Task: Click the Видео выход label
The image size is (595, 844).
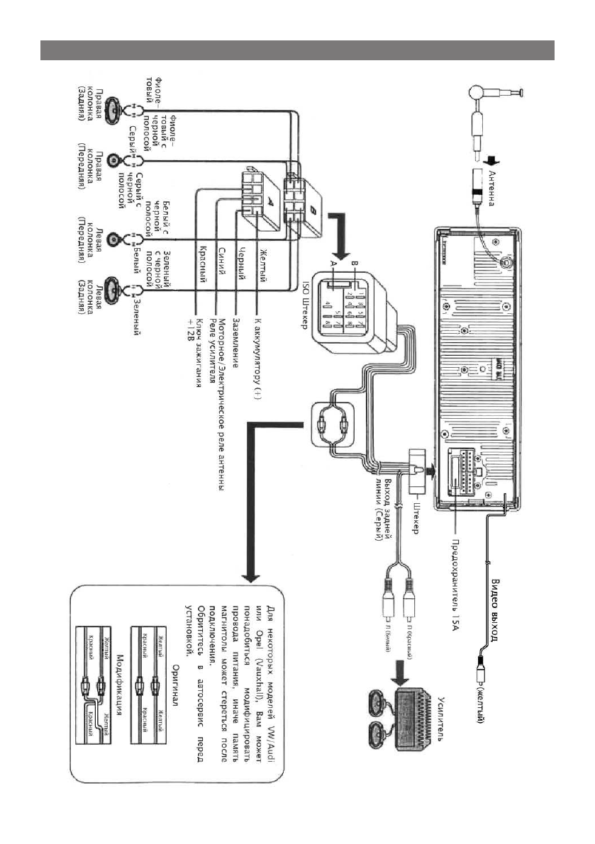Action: [x=496, y=607]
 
